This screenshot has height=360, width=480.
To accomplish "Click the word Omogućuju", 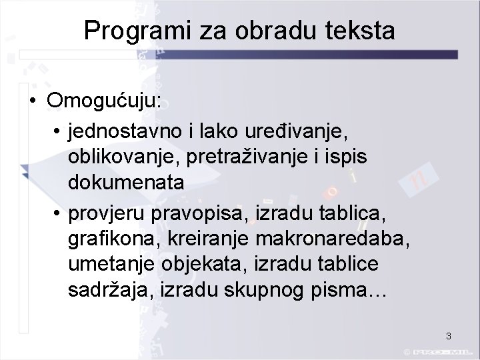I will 103,101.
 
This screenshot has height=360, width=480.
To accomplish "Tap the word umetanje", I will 111,264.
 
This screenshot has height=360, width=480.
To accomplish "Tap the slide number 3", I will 449,336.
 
